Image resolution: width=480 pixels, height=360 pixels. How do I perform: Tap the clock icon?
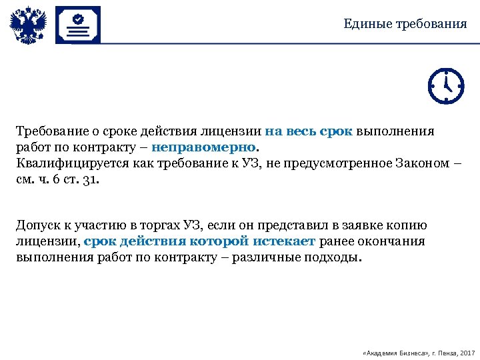[445, 85]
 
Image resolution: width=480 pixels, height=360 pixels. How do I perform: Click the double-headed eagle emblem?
[29, 25]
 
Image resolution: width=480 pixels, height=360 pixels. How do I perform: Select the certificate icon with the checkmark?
[78, 25]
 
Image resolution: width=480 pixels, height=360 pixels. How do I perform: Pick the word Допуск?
[40, 225]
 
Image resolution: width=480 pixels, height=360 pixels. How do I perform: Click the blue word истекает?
[283, 241]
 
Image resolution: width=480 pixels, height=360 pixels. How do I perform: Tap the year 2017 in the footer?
[467, 352]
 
